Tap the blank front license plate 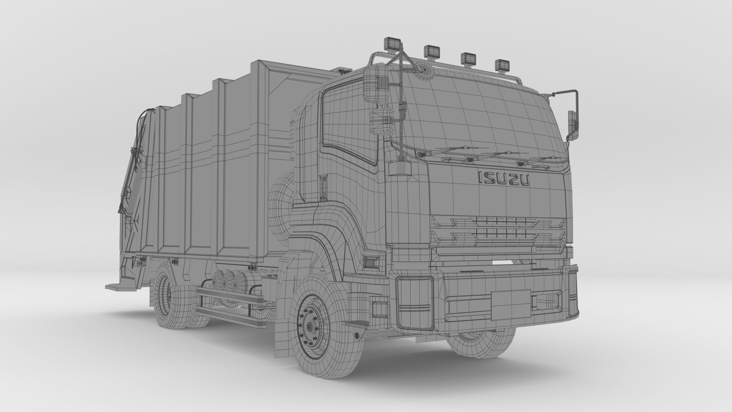click(510, 304)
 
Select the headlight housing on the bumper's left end click(415, 303)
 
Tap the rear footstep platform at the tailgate click(118, 285)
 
